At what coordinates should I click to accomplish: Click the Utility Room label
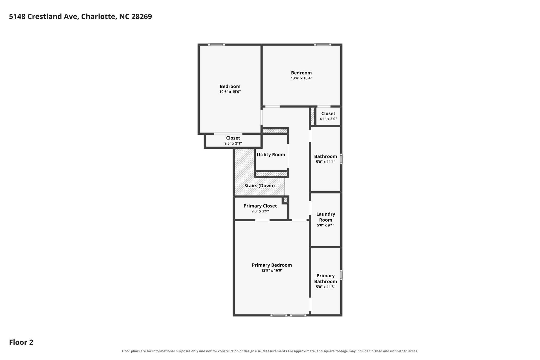click(x=271, y=155)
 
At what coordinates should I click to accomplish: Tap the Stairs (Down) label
click(x=259, y=186)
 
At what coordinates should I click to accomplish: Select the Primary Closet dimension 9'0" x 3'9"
click(x=260, y=211)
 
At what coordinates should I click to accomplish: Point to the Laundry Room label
click(x=326, y=217)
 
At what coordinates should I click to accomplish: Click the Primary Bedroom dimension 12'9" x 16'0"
click(x=272, y=271)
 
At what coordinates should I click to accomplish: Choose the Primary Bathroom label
click(x=326, y=278)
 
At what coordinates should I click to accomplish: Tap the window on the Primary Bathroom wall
click(x=341, y=275)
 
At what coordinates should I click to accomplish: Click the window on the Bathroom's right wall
click(x=341, y=159)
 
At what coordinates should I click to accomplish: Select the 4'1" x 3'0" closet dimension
click(x=328, y=119)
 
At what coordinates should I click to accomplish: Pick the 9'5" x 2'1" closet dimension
click(x=233, y=143)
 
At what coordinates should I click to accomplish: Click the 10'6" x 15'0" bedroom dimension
click(x=230, y=92)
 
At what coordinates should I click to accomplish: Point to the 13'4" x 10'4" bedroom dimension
click(x=301, y=78)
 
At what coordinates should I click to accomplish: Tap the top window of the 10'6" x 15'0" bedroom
click(x=216, y=44)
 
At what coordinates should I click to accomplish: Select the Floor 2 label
click(x=21, y=342)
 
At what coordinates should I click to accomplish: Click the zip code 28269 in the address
click(x=141, y=17)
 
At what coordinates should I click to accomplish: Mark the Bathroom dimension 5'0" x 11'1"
click(x=326, y=162)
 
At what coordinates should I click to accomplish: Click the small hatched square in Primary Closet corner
click(x=285, y=200)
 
